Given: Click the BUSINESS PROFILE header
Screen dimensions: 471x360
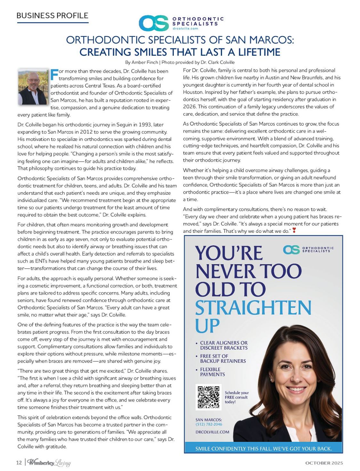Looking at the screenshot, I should pyautogui.click(x=52, y=15).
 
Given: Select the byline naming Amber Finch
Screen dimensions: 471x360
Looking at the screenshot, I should pyautogui.click(x=180, y=62).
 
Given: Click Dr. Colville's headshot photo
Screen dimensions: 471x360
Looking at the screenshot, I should pyautogui.click(x=33, y=87).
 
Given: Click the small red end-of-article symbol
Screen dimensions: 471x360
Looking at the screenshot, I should pyautogui.click(x=294, y=230).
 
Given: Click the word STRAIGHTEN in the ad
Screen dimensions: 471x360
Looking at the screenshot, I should pyautogui.click(x=253, y=308).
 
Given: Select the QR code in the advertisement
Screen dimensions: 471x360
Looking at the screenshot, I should pyautogui.click(x=208, y=397).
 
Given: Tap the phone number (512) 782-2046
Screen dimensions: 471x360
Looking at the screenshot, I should pyautogui.click(x=209, y=424).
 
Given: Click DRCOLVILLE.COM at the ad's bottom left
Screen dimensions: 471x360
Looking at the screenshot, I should pyautogui.click(x=212, y=432).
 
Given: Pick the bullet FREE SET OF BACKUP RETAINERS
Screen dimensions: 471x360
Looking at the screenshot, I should pyautogui.click(x=223, y=359).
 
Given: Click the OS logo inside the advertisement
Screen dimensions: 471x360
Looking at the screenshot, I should pyautogui.click(x=291, y=250).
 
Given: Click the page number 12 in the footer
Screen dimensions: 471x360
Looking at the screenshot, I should pyautogui.click(x=19, y=463).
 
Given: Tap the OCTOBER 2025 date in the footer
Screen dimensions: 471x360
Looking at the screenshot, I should pyautogui.click(x=324, y=463).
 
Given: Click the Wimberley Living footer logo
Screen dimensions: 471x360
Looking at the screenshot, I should pyautogui.click(x=49, y=463).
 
